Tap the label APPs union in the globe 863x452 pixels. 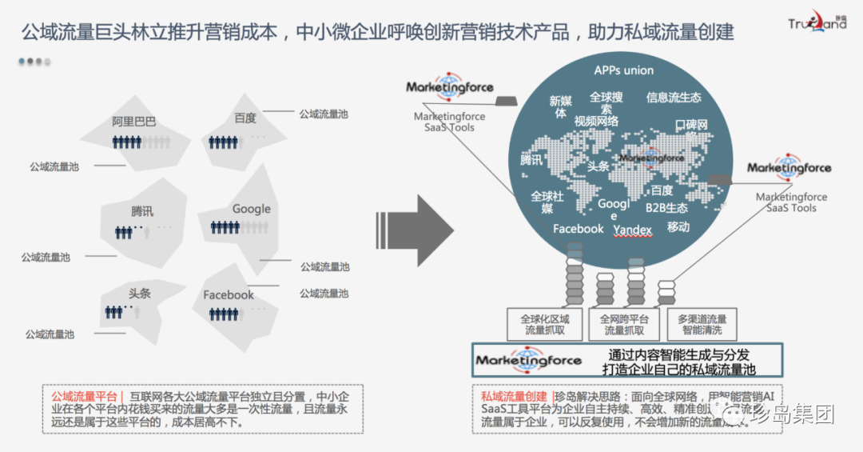click(x=623, y=70)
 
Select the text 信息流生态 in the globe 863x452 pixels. click(x=674, y=98)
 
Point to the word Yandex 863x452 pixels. click(x=633, y=230)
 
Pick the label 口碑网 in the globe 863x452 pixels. click(x=691, y=126)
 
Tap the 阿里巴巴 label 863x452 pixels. click(x=134, y=122)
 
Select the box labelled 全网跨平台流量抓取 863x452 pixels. click(x=625, y=324)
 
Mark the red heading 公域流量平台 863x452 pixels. click(x=84, y=397)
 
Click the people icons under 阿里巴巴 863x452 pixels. click(x=127, y=142)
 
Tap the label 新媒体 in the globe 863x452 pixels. click(x=560, y=107)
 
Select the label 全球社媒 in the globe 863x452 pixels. click(x=547, y=202)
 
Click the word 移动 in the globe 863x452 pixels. click(x=678, y=227)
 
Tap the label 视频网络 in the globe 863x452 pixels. click(x=596, y=122)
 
